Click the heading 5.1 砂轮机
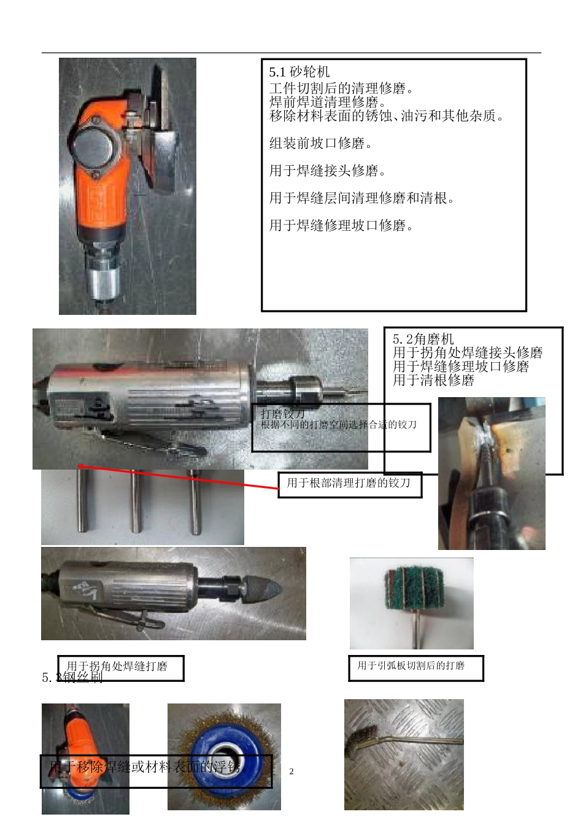[x=299, y=72]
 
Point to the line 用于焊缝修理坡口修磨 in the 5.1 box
[x=341, y=226]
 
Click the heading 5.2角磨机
[x=423, y=339]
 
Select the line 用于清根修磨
[x=433, y=381]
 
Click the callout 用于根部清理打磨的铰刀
[x=349, y=484]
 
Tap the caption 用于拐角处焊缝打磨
[x=117, y=667]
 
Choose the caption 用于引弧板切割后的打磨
[x=411, y=666]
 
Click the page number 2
[x=291, y=772]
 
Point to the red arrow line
[x=178, y=478]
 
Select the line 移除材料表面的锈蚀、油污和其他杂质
[x=387, y=116]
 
